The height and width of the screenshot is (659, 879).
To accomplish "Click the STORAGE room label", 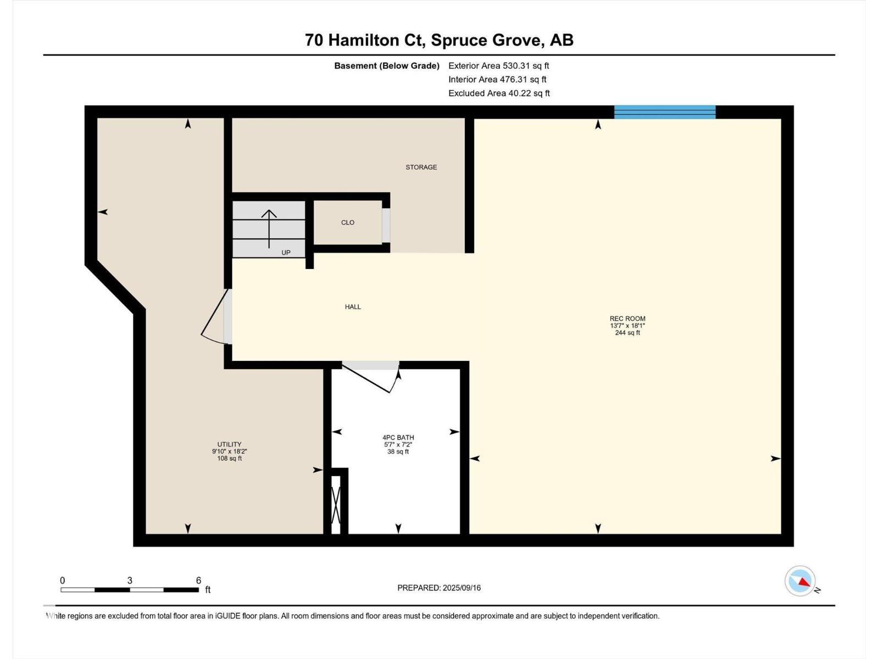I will pos(421,167).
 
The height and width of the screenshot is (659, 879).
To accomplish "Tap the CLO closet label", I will pos(348,222).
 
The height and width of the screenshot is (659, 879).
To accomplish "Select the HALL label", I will pos(353,307).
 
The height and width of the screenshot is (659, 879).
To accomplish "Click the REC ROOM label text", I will pos(627,319).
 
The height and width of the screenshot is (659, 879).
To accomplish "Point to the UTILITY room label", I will pos(229,444).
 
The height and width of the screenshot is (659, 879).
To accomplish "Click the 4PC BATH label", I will pos(398,438).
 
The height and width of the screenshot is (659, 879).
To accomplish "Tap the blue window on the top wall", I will pos(665,112).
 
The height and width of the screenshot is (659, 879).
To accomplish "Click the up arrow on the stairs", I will pos(269,228).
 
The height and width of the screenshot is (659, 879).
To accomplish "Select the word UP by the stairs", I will pos(286,253).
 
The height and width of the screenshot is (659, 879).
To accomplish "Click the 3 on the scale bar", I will pos(130,580).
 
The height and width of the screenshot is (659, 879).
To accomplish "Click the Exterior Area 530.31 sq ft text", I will pos(498,65).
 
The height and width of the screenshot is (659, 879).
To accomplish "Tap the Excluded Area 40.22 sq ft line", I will pos(498,93).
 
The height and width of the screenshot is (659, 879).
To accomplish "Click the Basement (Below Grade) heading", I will pos(387,66).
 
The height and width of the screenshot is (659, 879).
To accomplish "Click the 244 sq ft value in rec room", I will pos(627,333).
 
